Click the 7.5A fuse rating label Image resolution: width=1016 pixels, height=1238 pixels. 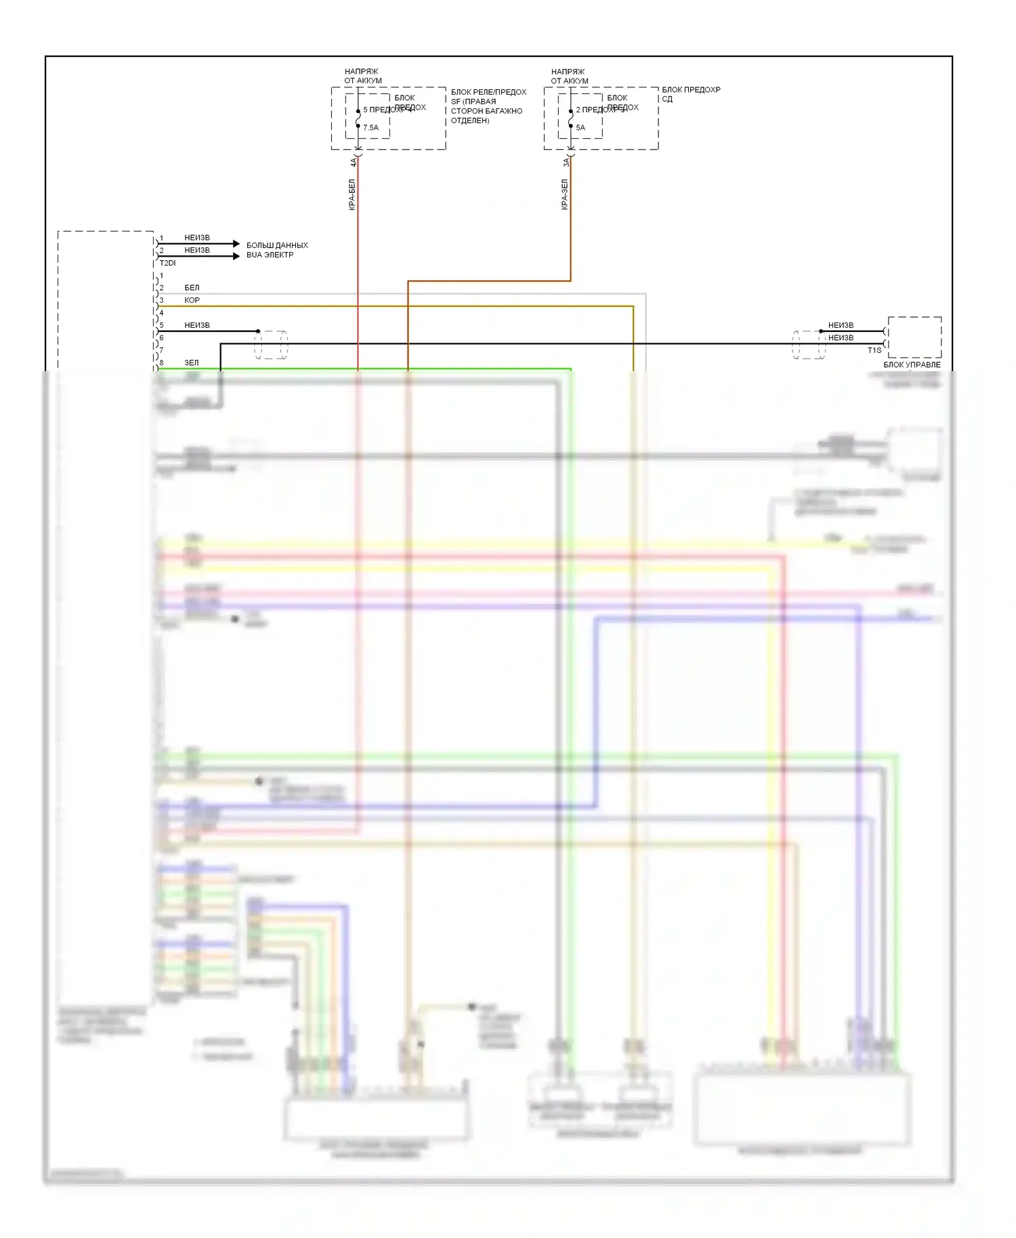[x=371, y=127]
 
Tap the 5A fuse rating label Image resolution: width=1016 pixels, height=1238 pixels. [x=580, y=127]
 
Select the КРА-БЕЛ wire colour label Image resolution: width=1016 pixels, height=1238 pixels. [x=352, y=194]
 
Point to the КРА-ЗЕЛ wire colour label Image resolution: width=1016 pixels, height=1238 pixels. [x=564, y=194]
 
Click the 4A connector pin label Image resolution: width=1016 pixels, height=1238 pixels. [x=353, y=163]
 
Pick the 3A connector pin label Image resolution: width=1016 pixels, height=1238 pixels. [x=566, y=163]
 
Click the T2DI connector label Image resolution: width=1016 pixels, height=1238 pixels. [x=167, y=263]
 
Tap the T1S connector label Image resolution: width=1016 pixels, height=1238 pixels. [x=874, y=350]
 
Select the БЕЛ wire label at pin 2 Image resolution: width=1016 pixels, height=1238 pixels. [x=192, y=288]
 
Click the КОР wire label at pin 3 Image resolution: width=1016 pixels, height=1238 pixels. [x=192, y=300]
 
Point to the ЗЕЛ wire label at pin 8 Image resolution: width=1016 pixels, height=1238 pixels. [x=192, y=363]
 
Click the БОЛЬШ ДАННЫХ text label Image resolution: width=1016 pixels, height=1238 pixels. [x=277, y=245]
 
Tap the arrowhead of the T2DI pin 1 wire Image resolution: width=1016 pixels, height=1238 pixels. [x=236, y=243]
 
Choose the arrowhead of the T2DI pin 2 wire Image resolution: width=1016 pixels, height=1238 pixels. [x=236, y=256]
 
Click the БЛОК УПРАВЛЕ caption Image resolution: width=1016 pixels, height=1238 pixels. [x=912, y=365]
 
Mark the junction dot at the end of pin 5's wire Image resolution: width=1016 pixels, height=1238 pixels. [x=258, y=331]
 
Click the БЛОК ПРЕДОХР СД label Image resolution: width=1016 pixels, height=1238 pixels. [x=690, y=94]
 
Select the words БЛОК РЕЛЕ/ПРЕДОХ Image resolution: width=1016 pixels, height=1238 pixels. [x=488, y=92]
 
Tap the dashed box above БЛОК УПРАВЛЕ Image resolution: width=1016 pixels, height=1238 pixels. [x=914, y=337]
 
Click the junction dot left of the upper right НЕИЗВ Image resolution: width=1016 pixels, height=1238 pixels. [x=821, y=331]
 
